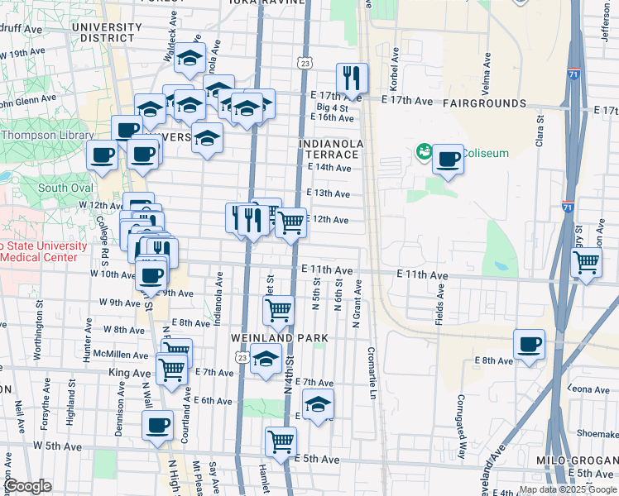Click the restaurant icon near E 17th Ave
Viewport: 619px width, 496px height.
click(353, 79)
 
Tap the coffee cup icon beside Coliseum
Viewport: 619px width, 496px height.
click(448, 159)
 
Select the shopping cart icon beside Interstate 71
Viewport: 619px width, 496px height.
click(586, 263)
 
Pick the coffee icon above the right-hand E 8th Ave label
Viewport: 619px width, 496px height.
click(529, 344)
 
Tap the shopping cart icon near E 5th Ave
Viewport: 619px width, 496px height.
click(281, 441)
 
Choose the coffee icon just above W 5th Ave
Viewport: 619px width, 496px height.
click(157, 426)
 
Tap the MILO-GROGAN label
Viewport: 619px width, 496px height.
click(582, 460)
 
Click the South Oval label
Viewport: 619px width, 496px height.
click(64, 188)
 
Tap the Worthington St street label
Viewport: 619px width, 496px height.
click(37, 335)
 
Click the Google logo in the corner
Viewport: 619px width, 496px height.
click(27, 486)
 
